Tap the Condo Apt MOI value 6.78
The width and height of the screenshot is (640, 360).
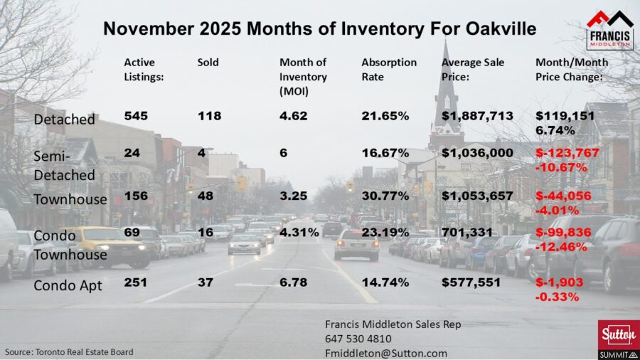(x=294, y=283)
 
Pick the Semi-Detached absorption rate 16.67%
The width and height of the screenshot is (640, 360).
(x=385, y=153)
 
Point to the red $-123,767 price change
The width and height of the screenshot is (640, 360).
(x=567, y=153)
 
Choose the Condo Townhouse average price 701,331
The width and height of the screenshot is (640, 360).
(x=466, y=232)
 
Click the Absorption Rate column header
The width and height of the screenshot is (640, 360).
(x=389, y=69)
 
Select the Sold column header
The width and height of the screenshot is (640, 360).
(x=208, y=62)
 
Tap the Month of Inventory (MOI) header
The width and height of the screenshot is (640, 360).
(x=303, y=77)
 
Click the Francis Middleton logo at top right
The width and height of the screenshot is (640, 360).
(x=609, y=29)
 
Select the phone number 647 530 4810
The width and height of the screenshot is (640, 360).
(x=358, y=339)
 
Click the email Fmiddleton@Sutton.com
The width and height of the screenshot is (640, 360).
(x=385, y=353)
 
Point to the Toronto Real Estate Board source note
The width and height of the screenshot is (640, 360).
(x=69, y=351)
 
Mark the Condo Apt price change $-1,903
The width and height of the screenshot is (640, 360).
(x=558, y=283)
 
